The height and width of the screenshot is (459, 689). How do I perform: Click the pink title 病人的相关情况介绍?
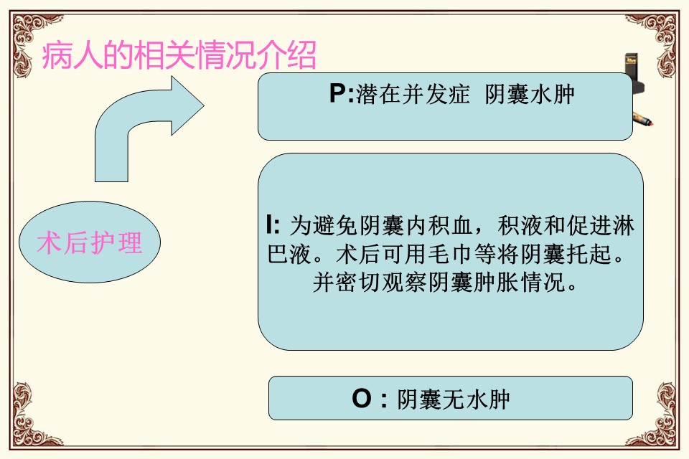[x=179, y=55]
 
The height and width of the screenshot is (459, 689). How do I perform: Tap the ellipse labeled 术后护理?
[x=90, y=242]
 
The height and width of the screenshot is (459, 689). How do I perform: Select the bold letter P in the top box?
[x=338, y=93]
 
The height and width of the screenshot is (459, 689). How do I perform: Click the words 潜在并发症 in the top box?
[x=413, y=94]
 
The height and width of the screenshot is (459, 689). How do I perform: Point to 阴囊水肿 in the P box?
[x=530, y=94]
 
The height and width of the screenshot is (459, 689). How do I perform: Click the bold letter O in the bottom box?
[x=362, y=399]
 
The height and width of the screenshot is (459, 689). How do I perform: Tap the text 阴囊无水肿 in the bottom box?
[x=454, y=399]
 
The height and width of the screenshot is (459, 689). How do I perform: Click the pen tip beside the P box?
[x=651, y=123]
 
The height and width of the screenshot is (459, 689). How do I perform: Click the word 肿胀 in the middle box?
[x=497, y=282]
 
